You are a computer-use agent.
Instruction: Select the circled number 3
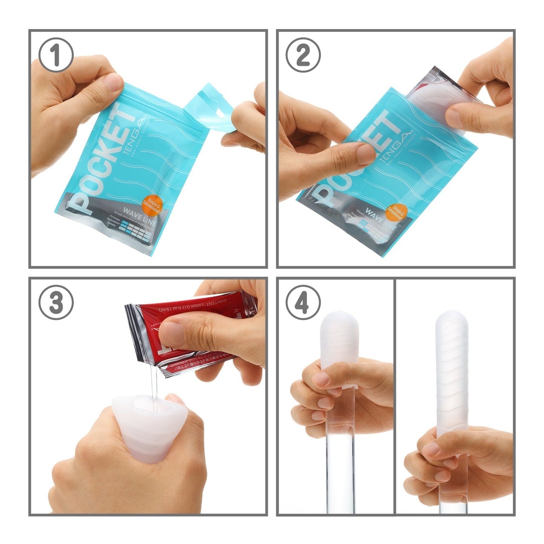pos(56,302)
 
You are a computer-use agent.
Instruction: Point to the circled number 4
pos(303,302)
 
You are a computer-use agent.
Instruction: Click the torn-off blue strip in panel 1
pos(211,113)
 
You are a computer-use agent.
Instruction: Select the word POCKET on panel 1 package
pos(104,158)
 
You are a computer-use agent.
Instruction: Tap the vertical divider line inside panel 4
pos(394,395)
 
